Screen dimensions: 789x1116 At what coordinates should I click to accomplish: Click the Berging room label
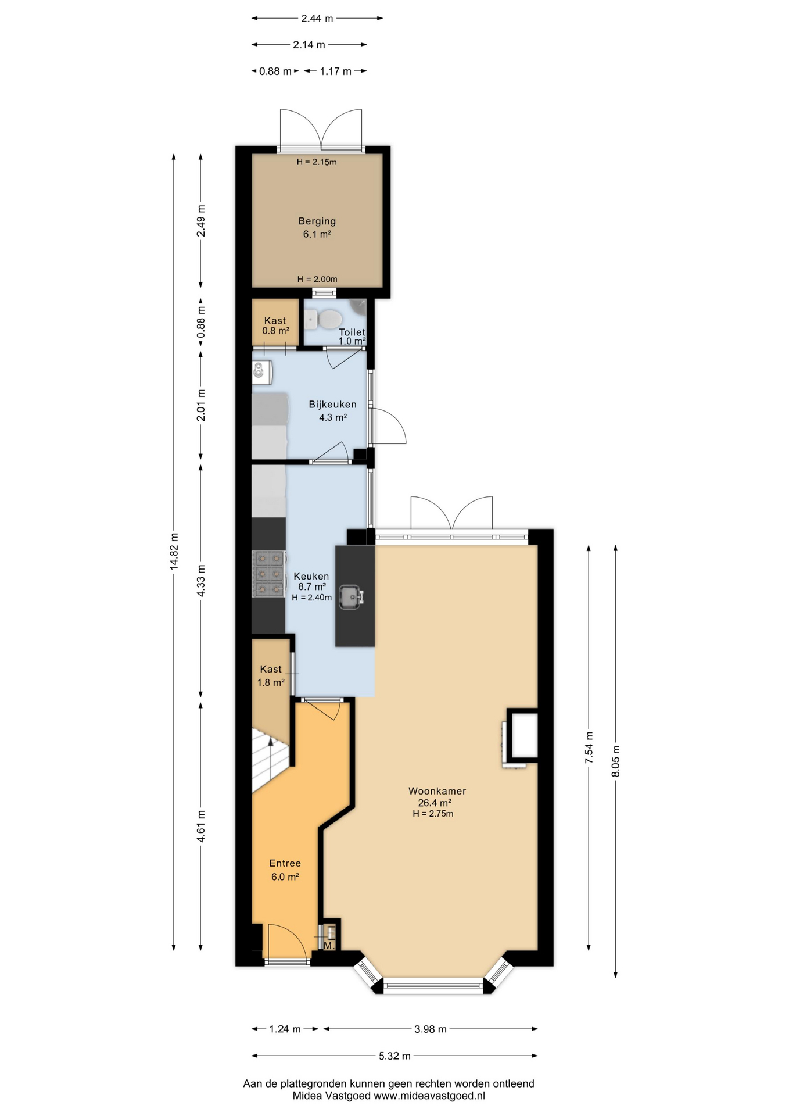(x=317, y=221)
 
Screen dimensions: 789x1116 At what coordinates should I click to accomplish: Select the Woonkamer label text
(x=437, y=791)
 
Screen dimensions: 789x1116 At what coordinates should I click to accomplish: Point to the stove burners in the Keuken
(x=269, y=574)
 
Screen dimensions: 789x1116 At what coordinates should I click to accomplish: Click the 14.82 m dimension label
(x=174, y=551)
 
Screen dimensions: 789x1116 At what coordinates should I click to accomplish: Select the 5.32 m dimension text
(x=395, y=1056)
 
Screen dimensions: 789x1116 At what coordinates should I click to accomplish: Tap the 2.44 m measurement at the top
(x=317, y=19)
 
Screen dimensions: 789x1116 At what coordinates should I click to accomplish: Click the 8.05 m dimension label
(x=616, y=761)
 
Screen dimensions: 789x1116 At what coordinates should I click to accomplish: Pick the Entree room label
(x=285, y=864)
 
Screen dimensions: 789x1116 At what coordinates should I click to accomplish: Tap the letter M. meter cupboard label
(x=329, y=946)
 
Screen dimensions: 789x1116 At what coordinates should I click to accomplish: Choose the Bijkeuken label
(x=332, y=405)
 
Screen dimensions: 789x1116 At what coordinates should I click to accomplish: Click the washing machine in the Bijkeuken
(x=262, y=371)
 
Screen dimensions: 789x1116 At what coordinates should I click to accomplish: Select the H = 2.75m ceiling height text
(x=433, y=814)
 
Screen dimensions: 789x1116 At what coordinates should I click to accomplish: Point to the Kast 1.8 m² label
(x=271, y=676)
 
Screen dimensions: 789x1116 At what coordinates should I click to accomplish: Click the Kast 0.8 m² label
(x=275, y=325)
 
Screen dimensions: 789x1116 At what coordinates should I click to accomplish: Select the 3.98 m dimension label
(x=431, y=1029)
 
